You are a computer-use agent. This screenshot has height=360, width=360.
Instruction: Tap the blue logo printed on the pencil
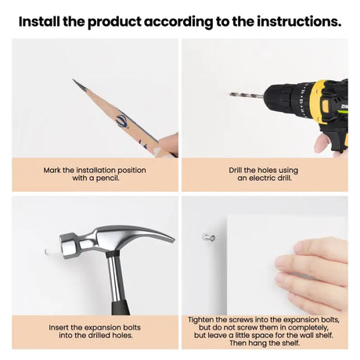122,121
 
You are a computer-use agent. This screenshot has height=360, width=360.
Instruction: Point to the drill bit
246,95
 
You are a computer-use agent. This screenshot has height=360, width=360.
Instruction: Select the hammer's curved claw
154,233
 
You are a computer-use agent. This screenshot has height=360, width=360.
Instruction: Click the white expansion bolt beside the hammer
49,250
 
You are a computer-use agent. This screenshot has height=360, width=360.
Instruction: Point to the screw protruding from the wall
209,237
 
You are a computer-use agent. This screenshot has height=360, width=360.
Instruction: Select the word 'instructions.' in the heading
299,21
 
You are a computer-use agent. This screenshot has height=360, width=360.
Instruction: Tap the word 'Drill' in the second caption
236,171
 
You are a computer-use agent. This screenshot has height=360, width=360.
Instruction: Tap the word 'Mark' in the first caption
52,171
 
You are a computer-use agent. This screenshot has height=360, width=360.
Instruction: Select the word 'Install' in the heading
39,21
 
